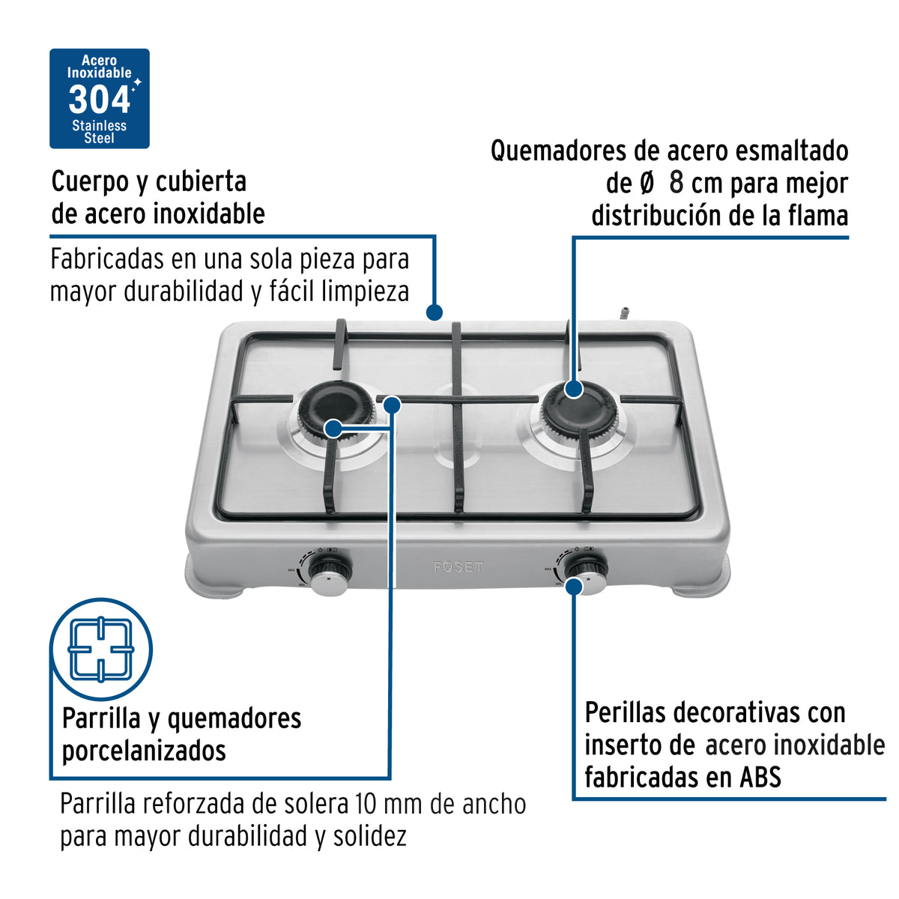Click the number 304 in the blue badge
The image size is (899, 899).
click(99, 100)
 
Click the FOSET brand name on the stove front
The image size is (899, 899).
click(458, 567)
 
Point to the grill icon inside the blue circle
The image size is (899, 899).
click(100, 649)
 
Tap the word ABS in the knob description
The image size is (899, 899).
click(760, 777)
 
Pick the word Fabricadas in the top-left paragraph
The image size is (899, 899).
click(107, 260)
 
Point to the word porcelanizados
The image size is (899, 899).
click(144, 750)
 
